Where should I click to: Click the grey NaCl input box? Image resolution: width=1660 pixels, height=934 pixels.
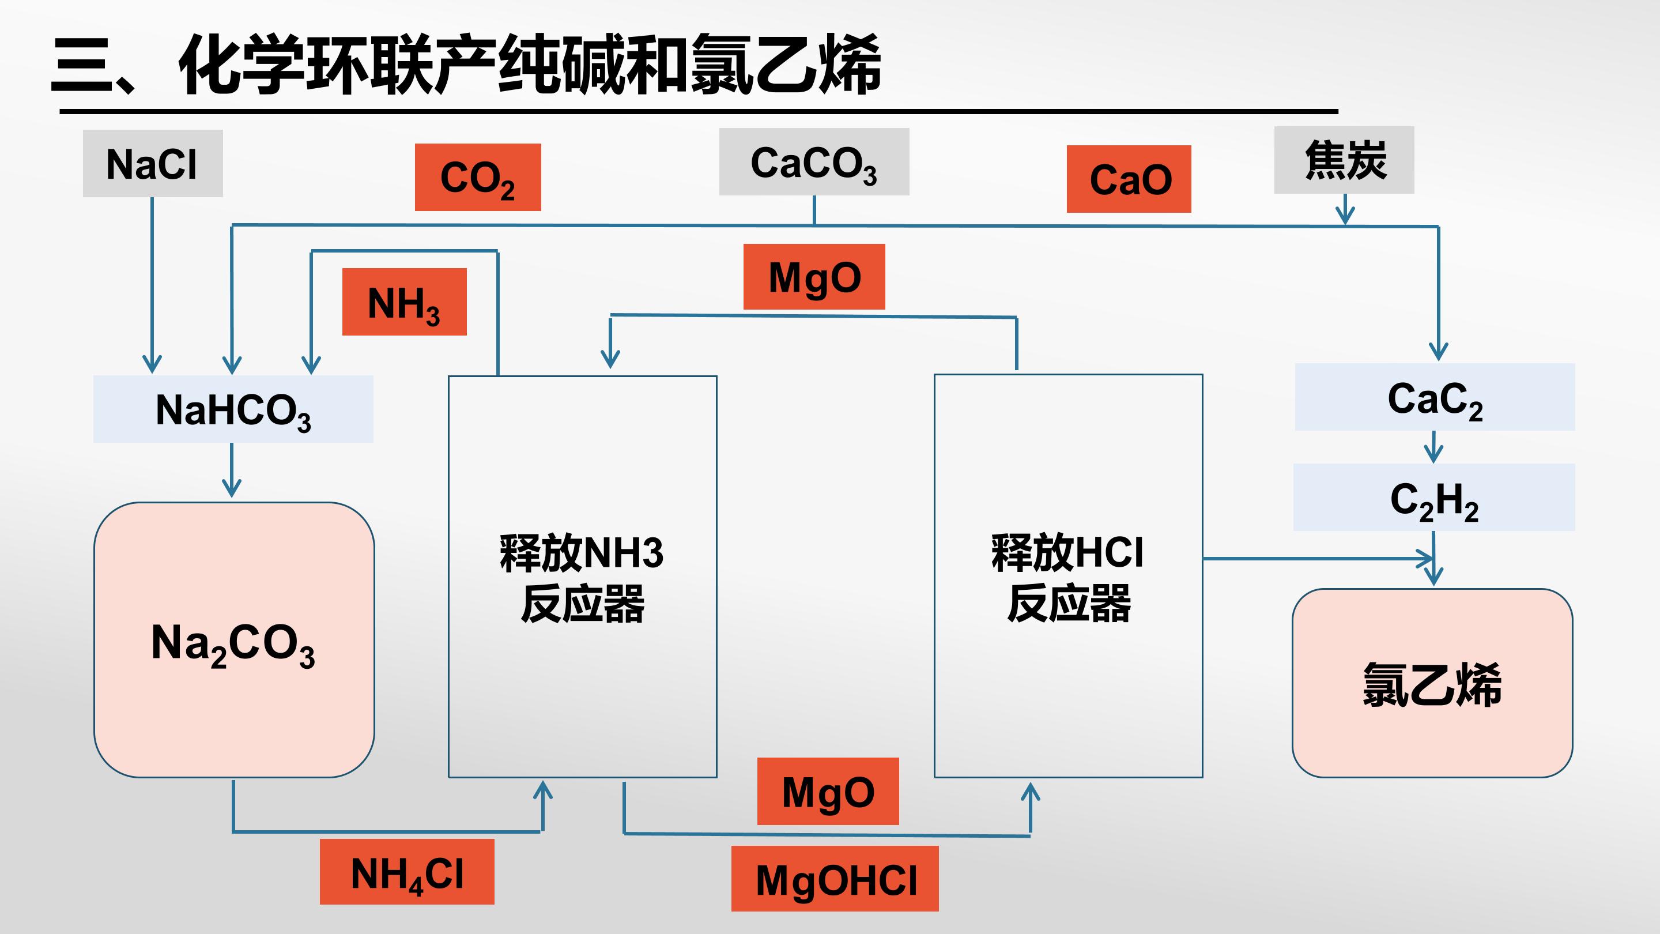point(153,163)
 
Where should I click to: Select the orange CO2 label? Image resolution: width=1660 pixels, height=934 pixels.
point(477,177)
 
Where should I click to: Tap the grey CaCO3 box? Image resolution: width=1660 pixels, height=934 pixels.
point(814,162)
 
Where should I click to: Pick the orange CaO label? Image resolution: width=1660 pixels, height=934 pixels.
point(1129,179)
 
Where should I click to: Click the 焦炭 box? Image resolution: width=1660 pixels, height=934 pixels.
point(1344,160)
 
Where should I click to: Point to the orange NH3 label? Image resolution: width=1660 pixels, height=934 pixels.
point(404,302)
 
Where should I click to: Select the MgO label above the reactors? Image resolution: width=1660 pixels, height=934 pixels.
point(814,277)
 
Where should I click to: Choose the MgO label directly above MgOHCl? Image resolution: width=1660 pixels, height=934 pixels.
point(828,791)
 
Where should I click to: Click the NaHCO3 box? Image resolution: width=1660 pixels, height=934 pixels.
point(233,409)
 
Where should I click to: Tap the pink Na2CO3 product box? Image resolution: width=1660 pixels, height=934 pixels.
point(234,640)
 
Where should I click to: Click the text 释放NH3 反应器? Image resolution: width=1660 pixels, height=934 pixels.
point(582,578)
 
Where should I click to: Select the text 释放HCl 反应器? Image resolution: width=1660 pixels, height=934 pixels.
point(1068,578)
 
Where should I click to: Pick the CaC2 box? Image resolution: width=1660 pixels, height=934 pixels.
point(1435,397)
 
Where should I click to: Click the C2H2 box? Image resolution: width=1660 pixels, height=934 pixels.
point(1434,497)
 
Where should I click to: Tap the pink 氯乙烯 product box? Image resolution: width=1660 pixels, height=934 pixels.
point(1432,683)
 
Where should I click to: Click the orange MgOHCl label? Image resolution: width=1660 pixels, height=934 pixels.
point(835,879)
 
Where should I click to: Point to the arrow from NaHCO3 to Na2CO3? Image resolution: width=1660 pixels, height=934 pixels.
point(231,470)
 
